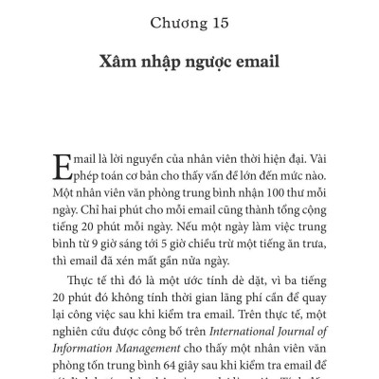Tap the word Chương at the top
pyautogui.click(x=180, y=21)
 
